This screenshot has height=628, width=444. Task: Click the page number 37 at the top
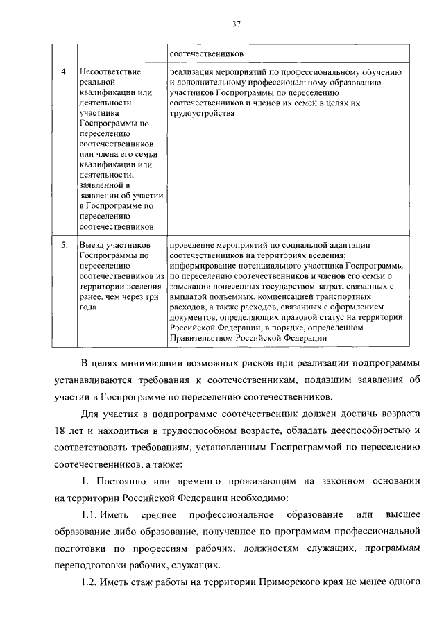point(236,24)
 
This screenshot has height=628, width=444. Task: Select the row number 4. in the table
point(65,72)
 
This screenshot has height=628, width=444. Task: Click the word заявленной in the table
point(103,185)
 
